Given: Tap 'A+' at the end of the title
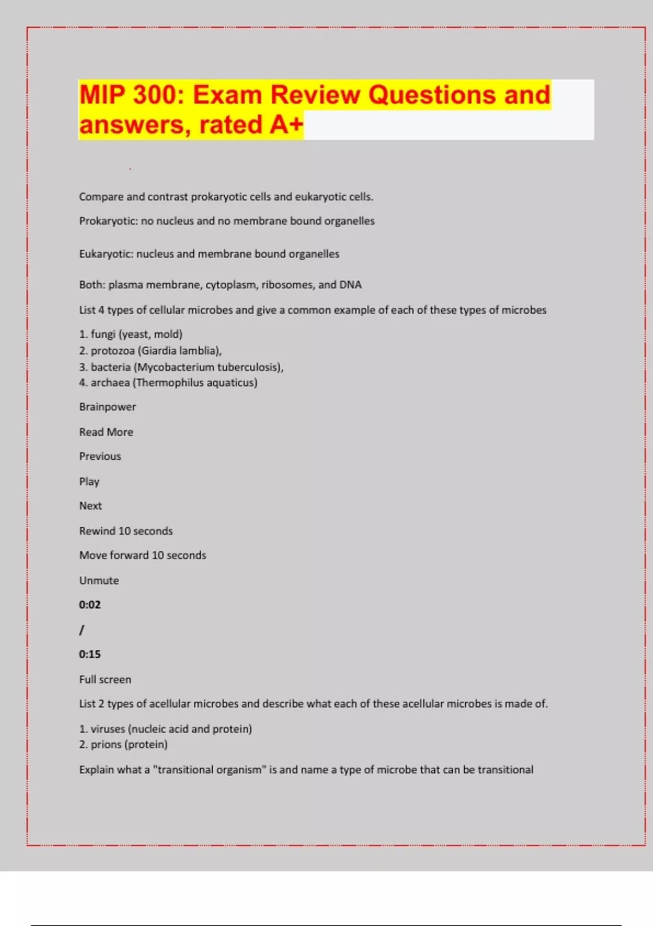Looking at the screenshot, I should click(x=286, y=125).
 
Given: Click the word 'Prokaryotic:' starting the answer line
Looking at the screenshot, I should click(x=108, y=221).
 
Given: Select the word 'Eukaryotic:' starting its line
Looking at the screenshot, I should click(x=106, y=254).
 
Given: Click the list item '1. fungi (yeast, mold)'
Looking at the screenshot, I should click(x=131, y=334).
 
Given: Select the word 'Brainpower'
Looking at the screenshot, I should click(x=107, y=407).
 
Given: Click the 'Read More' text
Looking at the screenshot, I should click(x=106, y=432).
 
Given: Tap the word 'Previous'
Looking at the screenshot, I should click(x=100, y=456).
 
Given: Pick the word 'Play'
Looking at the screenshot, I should click(x=89, y=482).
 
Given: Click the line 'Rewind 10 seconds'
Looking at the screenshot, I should click(x=126, y=531).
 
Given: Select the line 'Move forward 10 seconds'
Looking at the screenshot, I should click(x=143, y=556).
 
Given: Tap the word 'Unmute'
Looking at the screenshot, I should click(x=99, y=581).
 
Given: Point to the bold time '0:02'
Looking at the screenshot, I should click(x=90, y=605).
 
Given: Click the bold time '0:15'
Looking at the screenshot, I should click(x=90, y=654).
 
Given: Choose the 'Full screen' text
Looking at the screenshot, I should click(x=105, y=680).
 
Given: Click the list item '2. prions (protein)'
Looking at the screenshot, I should click(x=123, y=745).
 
